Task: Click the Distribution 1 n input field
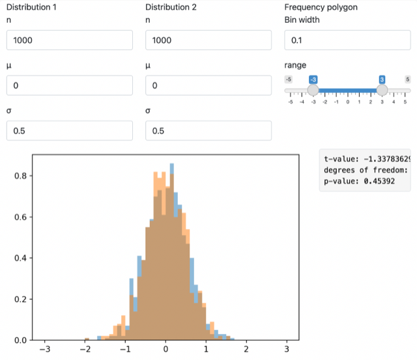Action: click(69, 40)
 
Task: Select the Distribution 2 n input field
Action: click(208, 40)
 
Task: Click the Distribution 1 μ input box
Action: click(69, 85)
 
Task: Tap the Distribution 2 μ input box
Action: click(208, 85)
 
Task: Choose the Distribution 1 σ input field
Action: click(69, 131)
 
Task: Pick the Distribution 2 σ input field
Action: click(208, 131)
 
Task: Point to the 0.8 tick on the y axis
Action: click(20, 176)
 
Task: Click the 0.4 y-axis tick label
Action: click(20, 258)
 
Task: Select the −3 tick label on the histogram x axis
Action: click(44, 349)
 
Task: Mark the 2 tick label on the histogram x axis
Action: click(246, 349)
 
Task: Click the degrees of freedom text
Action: click(365, 171)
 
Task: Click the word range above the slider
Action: click(295, 65)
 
